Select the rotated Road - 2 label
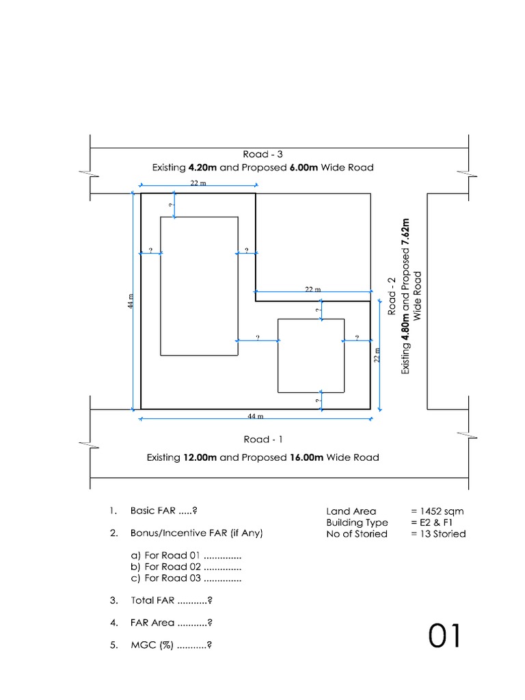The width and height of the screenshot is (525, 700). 393,296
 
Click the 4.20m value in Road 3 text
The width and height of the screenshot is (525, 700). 203,167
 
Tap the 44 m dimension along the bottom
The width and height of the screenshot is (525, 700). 256,416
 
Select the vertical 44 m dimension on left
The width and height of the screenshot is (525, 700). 129,301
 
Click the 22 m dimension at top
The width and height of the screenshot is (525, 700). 198,184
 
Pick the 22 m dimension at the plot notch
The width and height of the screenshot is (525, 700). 312,290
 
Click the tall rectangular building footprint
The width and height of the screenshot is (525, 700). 199,286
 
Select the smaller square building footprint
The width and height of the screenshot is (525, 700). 310,355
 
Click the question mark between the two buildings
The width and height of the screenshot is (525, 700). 258,338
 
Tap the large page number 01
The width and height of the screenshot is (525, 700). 445,636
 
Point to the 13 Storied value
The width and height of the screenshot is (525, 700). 438,534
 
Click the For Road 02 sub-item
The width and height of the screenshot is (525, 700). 186,567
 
